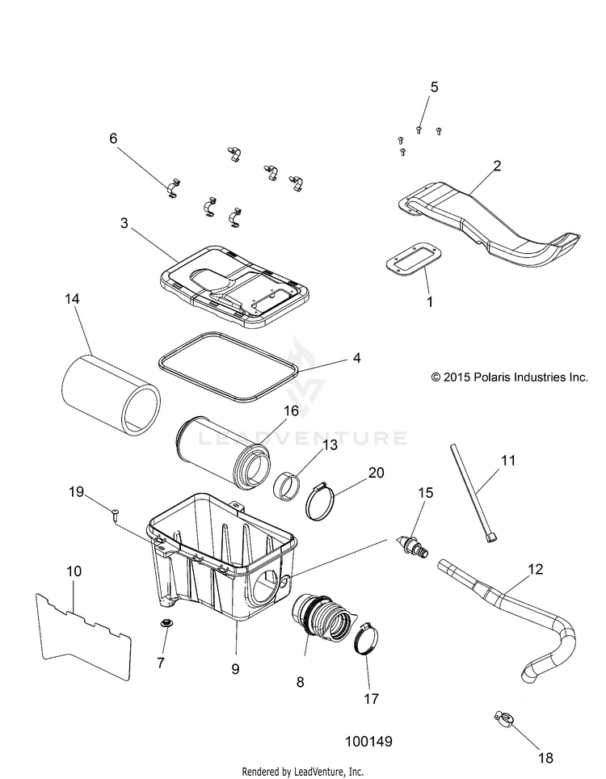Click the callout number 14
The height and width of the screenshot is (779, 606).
tap(73, 299)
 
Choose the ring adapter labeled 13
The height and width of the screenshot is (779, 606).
tap(288, 489)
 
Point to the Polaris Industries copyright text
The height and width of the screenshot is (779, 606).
tap(509, 377)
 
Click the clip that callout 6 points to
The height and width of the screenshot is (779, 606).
tap(173, 190)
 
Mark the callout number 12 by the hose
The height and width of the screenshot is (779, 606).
tap(537, 570)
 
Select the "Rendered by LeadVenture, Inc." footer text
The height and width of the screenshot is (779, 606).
tap(303, 770)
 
